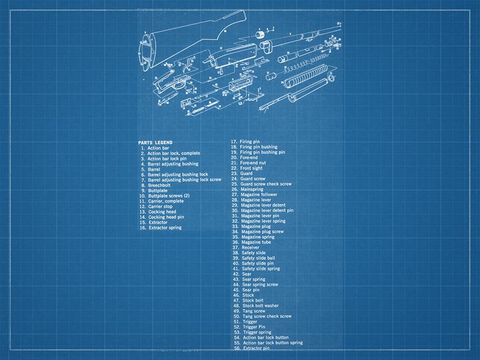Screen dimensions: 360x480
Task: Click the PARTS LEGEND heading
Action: click(x=155, y=143)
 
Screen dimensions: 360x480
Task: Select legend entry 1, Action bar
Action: click(x=158, y=148)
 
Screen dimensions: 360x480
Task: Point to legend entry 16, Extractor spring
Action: click(x=165, y=228)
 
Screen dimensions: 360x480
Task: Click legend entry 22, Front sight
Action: click(x=251, y=168)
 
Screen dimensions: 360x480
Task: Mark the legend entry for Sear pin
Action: click(x=250, y=290)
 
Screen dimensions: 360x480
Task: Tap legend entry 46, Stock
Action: click(x=248, y=295)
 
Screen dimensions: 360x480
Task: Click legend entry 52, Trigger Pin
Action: click(x=253, y=327)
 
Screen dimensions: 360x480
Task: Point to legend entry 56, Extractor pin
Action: click(x=256, y=348)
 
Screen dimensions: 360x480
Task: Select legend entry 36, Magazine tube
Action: click(x=256, y=242)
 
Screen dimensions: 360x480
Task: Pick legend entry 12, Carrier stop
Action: click(x=160, y=207)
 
